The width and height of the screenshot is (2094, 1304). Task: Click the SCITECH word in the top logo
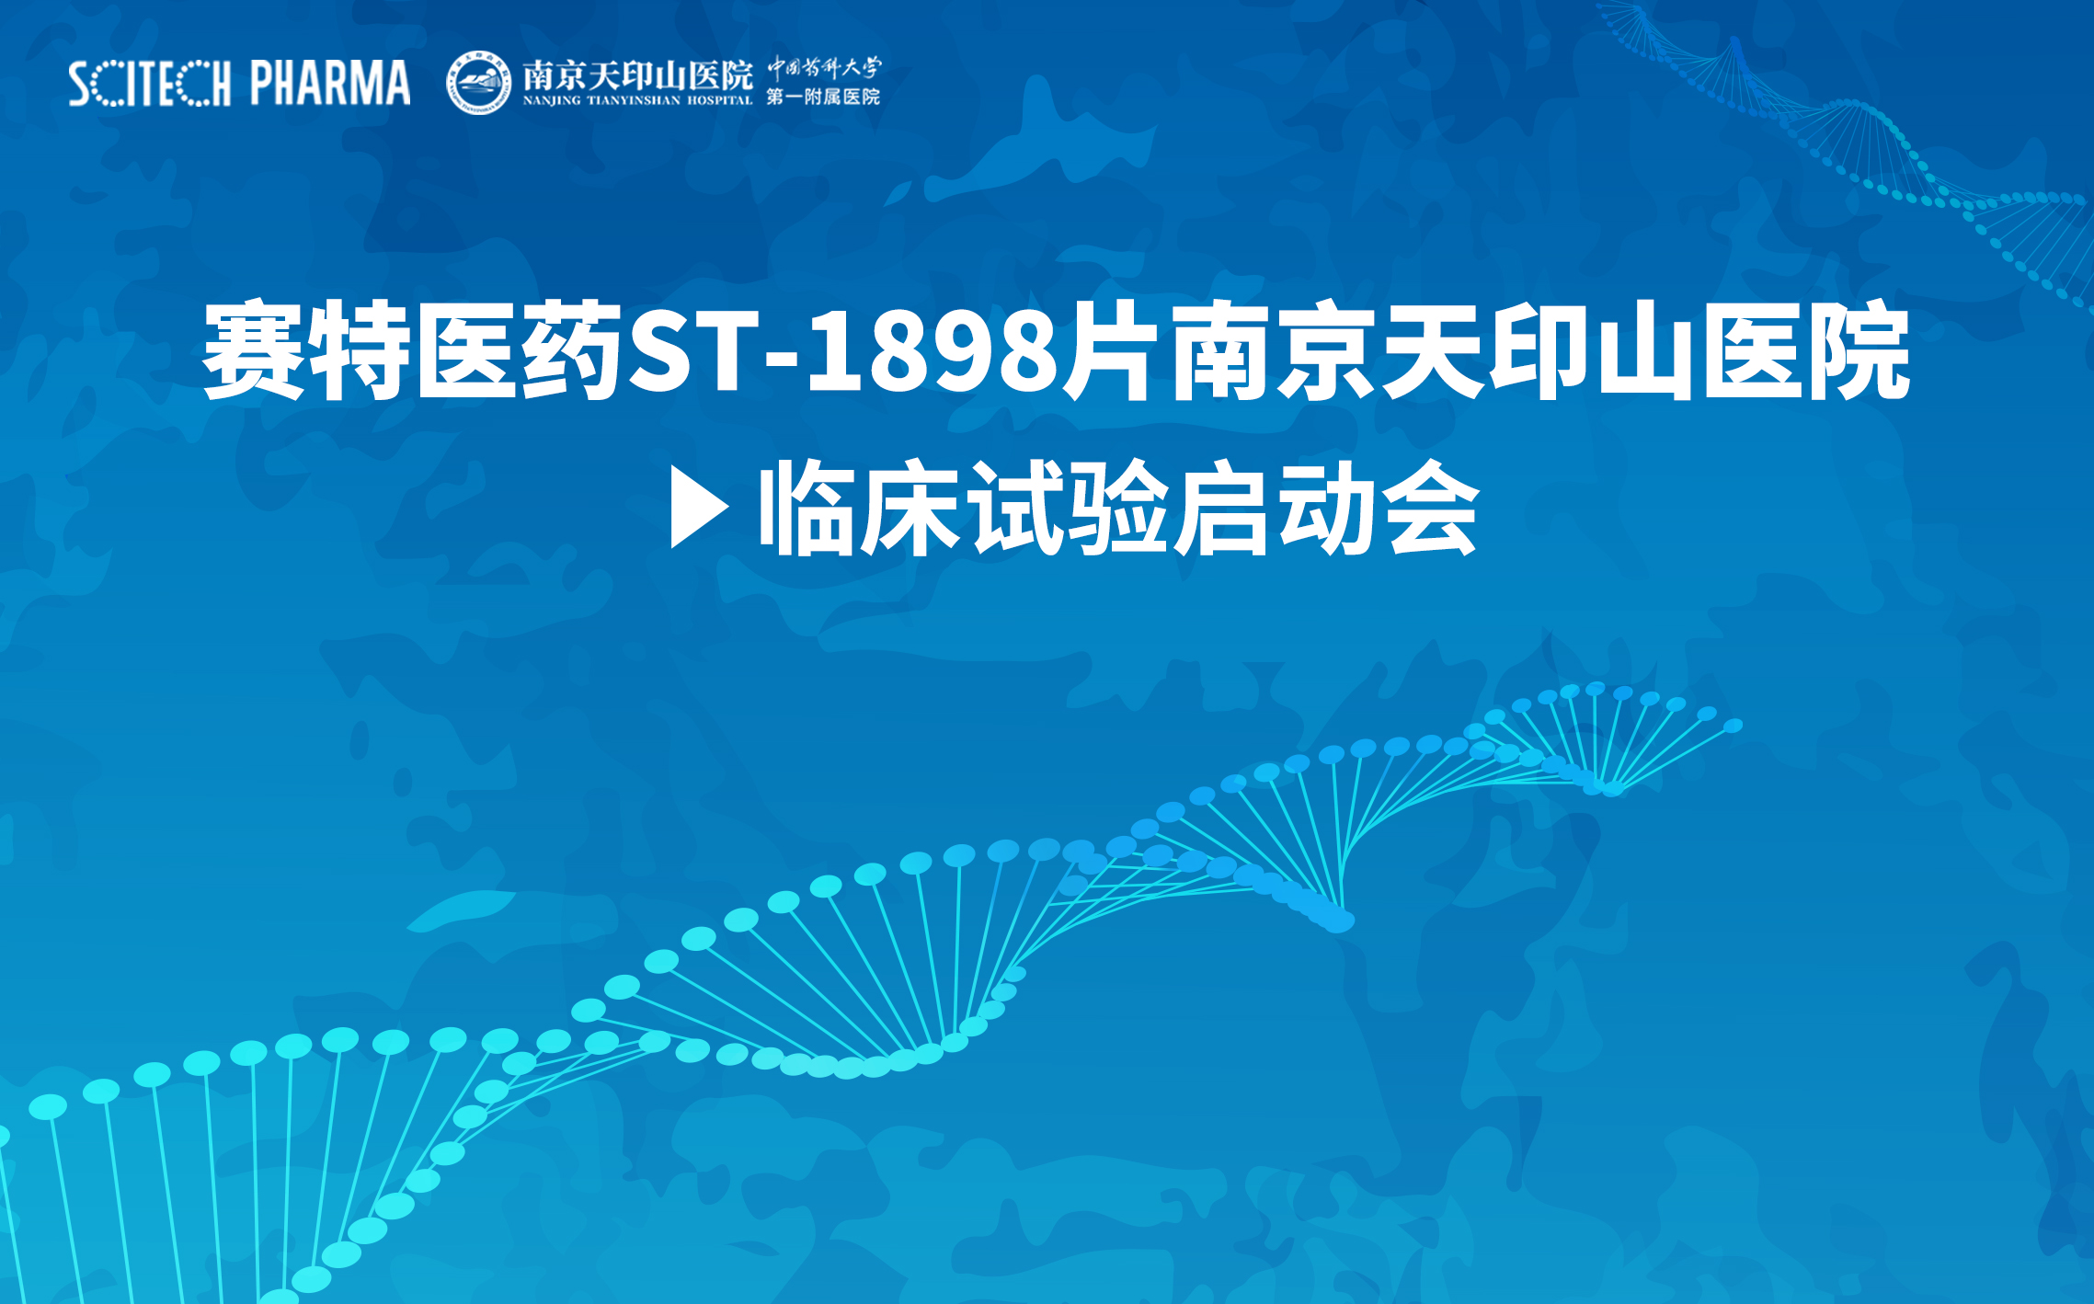(149, 84)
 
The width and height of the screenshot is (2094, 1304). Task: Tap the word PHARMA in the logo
(330, 83)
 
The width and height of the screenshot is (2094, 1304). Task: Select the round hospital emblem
(478, 83)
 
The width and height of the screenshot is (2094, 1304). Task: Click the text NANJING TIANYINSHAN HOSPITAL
(637, 100)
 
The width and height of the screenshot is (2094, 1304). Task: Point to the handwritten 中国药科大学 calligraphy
(824, 68)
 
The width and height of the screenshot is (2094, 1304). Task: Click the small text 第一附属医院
(823, 97)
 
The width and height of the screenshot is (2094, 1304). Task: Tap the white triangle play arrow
(700, 507)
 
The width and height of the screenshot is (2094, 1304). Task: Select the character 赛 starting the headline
(254, 352)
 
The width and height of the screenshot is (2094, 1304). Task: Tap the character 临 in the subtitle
(807, 507)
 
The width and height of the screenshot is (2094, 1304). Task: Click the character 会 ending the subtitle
(1433, 507)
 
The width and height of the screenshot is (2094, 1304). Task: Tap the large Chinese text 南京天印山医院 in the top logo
(637, 75)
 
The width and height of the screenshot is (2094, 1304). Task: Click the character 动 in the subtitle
(1328, 507)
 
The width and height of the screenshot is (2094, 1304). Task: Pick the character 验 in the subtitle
(1119, 507)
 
